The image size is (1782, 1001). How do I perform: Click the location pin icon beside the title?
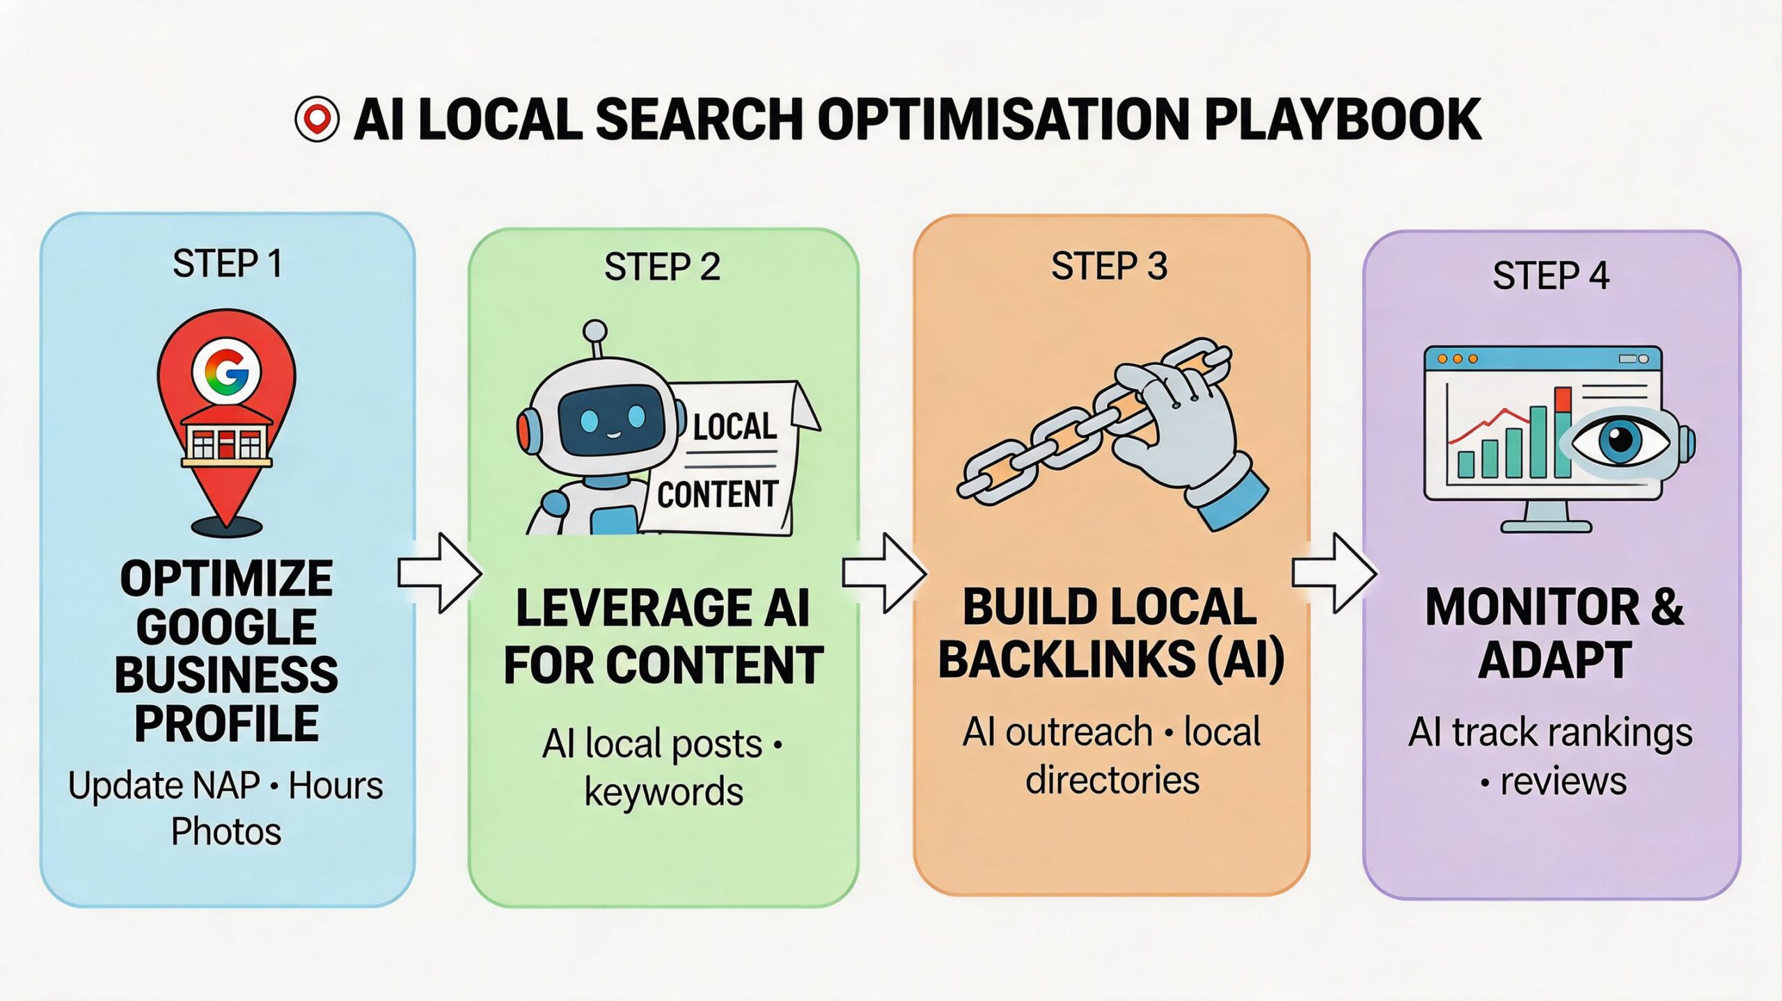tap(317, 119)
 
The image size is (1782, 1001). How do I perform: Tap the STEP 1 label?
tap(228, 264)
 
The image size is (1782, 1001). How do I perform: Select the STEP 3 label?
tap(1109, 267)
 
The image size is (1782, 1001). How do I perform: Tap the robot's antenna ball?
tap(594, 330)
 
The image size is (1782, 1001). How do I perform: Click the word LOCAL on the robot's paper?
tap(735, 426)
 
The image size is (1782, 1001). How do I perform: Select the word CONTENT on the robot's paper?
tap(717, 495)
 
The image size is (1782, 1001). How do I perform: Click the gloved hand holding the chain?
tap(1183, 432)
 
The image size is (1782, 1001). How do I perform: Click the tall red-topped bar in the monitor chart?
tap(1563, 432)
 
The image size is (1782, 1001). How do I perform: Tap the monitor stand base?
tap(1546, 526)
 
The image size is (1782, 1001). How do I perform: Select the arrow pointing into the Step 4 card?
tap(1334, 574)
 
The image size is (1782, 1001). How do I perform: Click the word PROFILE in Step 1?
tap(226, 724)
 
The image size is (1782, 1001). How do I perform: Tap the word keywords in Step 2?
tap(663, 791)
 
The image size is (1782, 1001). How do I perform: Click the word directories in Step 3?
tap(1112, 780)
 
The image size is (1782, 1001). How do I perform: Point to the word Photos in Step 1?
tap(226, 831)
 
